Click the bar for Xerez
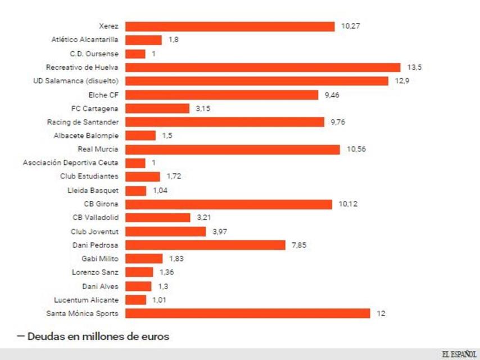[230, 26]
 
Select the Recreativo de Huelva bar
[262, 67]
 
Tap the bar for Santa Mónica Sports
[247, 313]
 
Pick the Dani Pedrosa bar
[205, 245]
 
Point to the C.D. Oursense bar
[135, 54]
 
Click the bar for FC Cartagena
[157, 109]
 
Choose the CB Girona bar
[229, 204]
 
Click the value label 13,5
[414, 67]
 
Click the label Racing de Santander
[83, 122]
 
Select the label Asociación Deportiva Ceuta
[71, 163]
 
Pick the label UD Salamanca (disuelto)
[76, 81]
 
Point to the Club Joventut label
[94, 231]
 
